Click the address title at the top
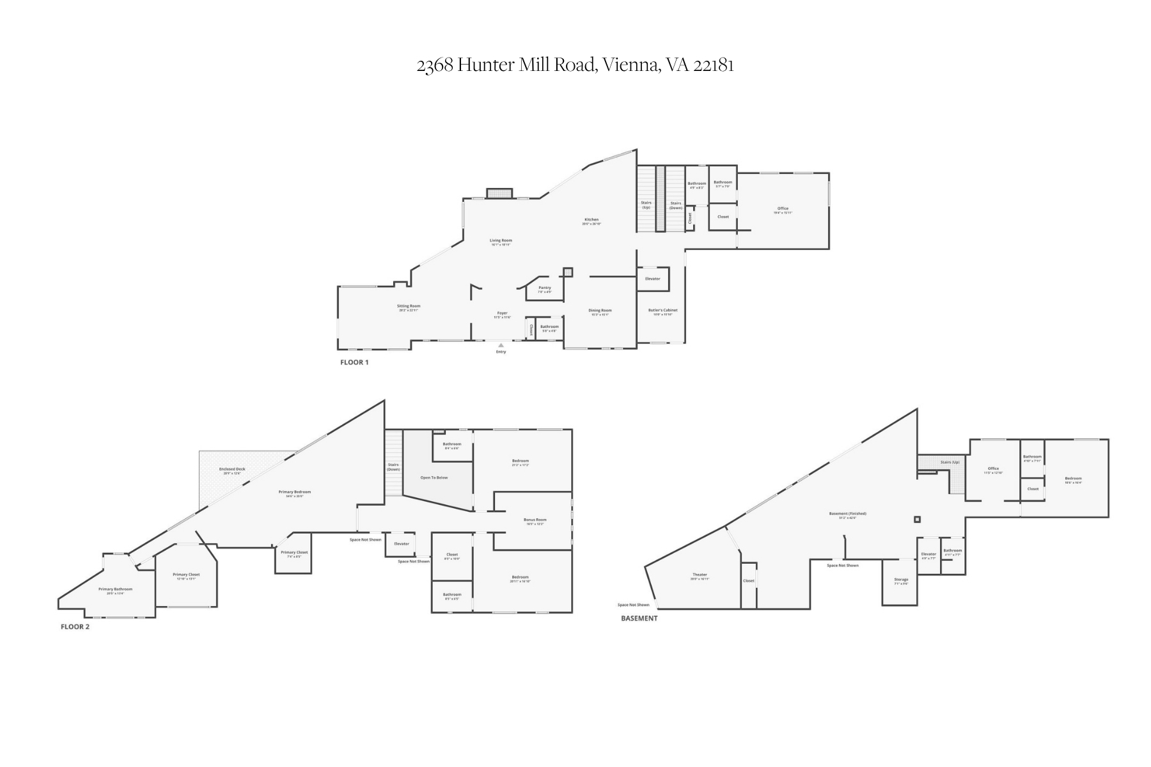(575, 65)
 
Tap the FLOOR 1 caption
(354, 362)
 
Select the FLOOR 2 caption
(75, 627)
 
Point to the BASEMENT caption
(639, 619)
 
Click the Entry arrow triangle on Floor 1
(501, 345)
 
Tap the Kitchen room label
(591, 220)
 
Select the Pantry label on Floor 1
(544, 288)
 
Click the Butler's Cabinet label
(662, 311)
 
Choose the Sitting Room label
(409, 306)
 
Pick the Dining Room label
(600, 311)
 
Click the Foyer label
(502, 313)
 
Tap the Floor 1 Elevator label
(652, 279)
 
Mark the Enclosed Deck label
(232, 469)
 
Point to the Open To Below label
(434, 477)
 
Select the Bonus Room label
(535, 520)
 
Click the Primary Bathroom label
(115, 589)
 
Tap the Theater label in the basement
(700, 575)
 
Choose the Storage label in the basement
(901, 580)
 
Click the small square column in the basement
(917, 520)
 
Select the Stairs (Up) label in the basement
(950, 462)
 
